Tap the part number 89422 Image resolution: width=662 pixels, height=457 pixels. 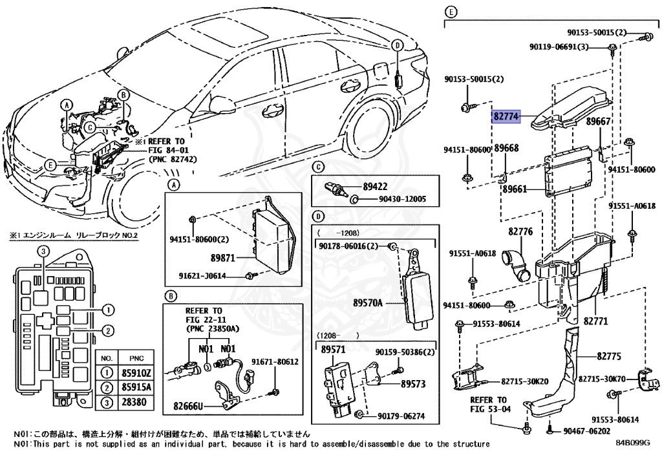click(x=374, y=186)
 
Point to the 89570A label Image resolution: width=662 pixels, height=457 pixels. click(x=368, y=302)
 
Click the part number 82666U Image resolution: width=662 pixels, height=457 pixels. click(x=188, y=406)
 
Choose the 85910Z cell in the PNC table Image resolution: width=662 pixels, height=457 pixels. click(x=137, y=373)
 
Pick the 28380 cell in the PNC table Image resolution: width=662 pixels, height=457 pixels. click(x=137, y=403)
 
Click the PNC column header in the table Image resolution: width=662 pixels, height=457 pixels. click(x=137, y=358)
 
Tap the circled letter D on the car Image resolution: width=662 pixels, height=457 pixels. click(x=398, y=45)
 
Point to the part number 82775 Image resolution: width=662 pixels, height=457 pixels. click(x=608, y=356)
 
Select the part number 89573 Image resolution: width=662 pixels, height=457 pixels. click(x=412, y=383)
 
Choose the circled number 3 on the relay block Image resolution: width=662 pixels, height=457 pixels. click(x=41, y=251)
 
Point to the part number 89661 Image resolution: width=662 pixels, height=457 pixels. click(x=515, y=189)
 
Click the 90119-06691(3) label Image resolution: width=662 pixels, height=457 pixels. click(x=559, y=47)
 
